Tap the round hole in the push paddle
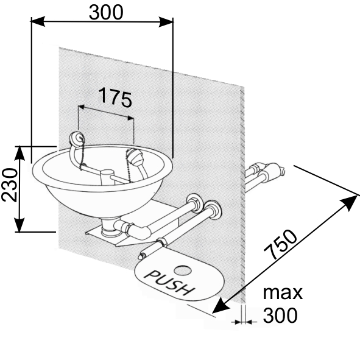183,270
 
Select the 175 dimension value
116,98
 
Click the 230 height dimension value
10,185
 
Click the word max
283,293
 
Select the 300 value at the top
106,12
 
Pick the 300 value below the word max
280,316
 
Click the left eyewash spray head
77,138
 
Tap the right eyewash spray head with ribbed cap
135,156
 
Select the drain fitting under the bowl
110,227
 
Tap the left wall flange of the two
195,203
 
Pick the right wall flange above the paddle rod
213,210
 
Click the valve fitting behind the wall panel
274,170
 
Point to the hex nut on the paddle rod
162,241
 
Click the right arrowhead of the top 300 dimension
166,21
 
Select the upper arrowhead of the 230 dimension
19,153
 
